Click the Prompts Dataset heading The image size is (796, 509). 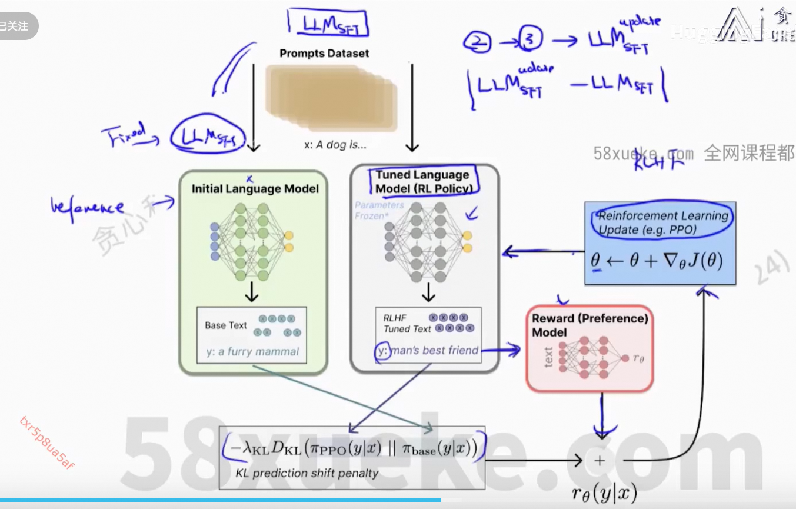click(324, 54)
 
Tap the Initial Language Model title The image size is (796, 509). click(255, 189)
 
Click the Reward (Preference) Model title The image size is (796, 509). click(589, 325)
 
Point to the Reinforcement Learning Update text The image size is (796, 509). click(663, 222)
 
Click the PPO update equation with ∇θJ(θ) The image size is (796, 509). click(657, 260)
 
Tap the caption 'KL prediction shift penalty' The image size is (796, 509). click(307, 473)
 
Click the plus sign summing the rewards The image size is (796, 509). click(600, 461)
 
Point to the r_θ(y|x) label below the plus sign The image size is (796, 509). click(604, 493)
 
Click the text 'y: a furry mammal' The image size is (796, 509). click(252, 352)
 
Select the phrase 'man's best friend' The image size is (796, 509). click(435, 351)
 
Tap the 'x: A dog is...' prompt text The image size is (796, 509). click(331, 145)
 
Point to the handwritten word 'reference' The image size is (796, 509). click(88, 208)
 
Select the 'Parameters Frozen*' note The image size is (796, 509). click(379, 210)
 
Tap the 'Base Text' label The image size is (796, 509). click(226, 325)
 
